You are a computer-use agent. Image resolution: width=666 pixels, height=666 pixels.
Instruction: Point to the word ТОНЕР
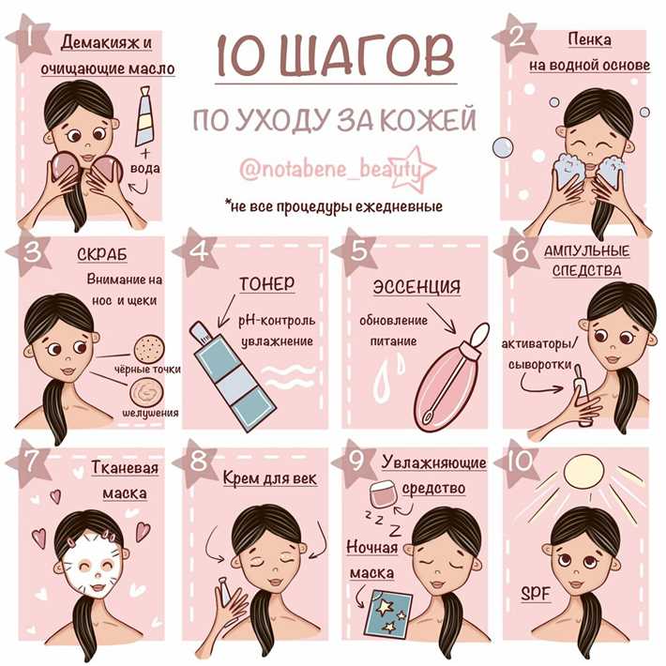tap(266, 283)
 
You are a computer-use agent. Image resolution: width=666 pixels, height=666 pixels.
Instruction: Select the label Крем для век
tap(269, 478)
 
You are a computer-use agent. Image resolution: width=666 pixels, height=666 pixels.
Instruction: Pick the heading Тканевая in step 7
tap(124, 470)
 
